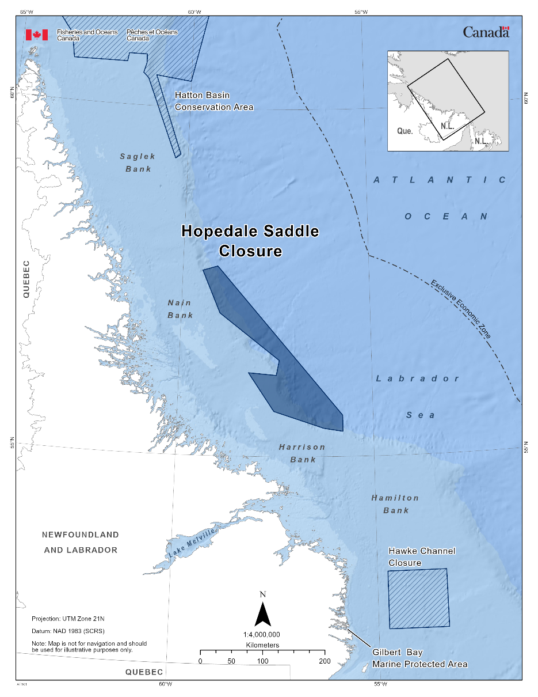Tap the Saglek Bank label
(138, 162)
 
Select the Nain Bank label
(180, 309)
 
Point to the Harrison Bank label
(302, 453)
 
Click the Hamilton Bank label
(395, 503)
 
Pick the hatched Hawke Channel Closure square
(418, 598)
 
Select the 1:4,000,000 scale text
(262, 634)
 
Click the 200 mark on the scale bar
(325, 661)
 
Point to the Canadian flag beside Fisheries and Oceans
(36, 35)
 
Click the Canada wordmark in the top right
(486, 32)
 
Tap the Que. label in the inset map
(405, 131)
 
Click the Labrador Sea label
(419, 396)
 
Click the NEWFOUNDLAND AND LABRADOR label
(81, 542)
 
